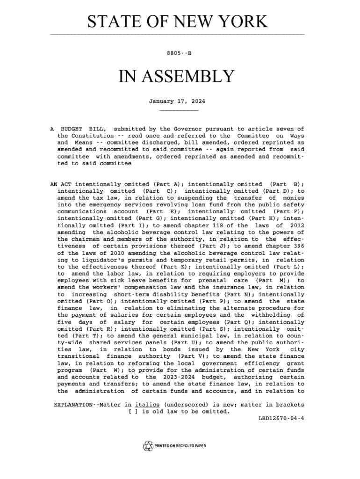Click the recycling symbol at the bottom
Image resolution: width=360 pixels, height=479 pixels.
tap(148, 446)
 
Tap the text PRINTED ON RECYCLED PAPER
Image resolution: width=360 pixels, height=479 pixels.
tap(180, 446)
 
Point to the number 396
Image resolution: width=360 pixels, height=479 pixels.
tap(298, 247)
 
